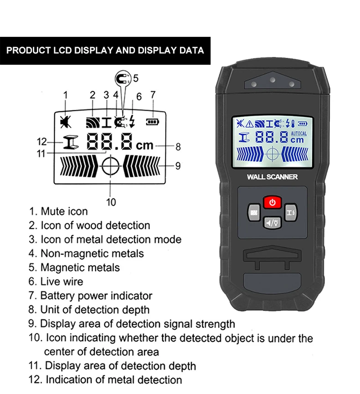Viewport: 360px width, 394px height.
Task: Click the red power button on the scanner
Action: (x=273, y=202)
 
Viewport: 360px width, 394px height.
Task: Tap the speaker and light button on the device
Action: (x=273, y=222)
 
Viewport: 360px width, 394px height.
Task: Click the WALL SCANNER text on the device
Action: (x=272, y=177)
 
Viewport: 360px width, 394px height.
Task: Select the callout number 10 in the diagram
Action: (x=111, y=202)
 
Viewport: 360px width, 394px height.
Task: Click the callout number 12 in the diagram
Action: (x=41, y=142)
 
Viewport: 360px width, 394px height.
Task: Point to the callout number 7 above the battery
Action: (x=153, y=95)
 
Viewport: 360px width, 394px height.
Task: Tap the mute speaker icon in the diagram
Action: (x=65, y=122)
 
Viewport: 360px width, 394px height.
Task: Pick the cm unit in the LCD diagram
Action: (x=145, y=146)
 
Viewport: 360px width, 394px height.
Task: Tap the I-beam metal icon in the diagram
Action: (x=71, y=143)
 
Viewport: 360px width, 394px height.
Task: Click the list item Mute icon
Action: (x=59, y=211)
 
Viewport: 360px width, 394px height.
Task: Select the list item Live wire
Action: (x=57, y=281)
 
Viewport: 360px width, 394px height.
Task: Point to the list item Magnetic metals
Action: (x=75, y=267)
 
